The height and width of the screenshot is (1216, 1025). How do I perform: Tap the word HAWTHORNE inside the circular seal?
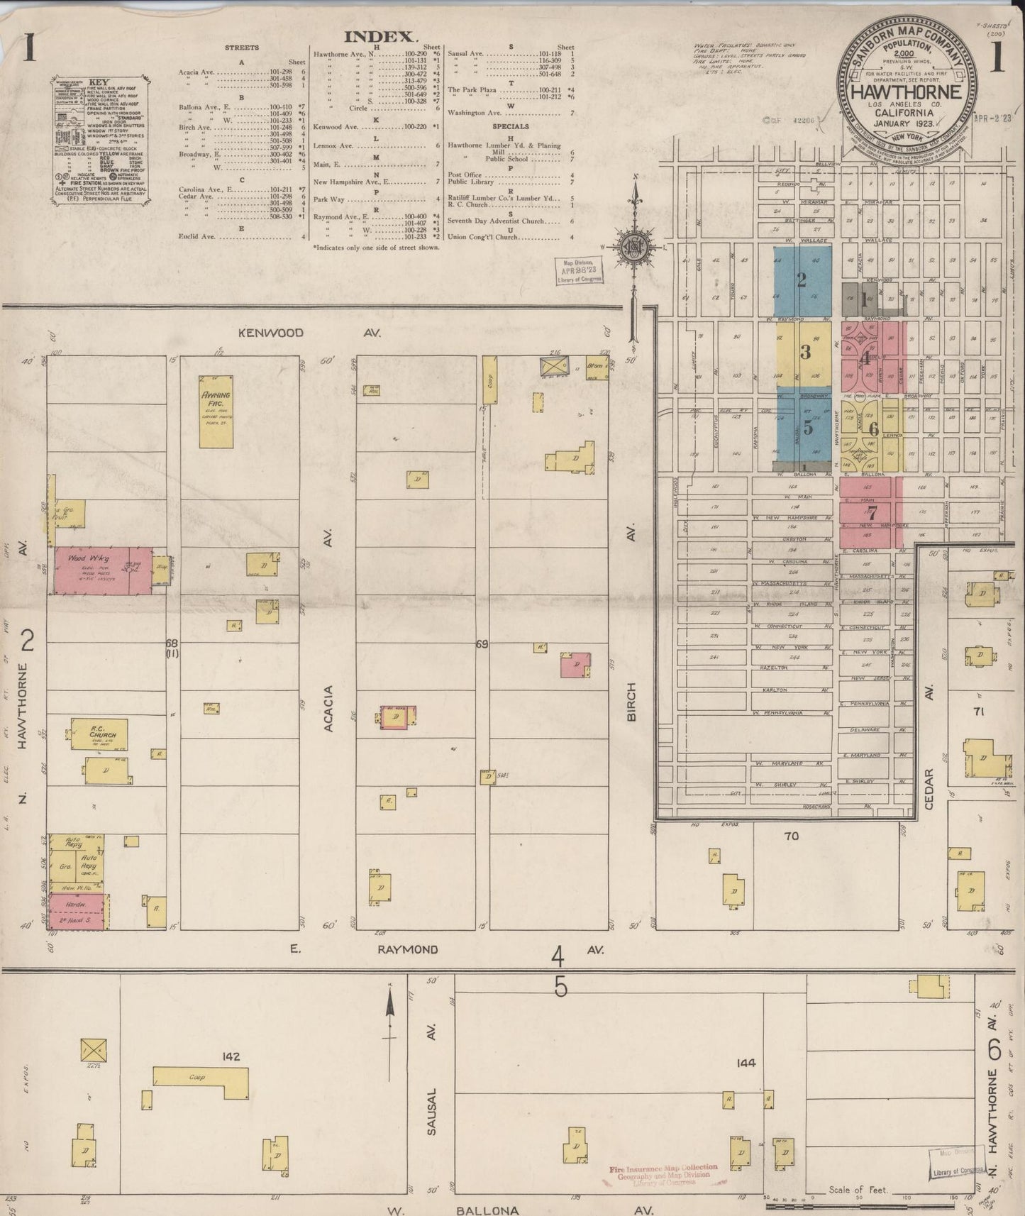click(x=907, y=92)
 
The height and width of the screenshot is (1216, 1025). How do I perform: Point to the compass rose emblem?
click(x=635, y=248)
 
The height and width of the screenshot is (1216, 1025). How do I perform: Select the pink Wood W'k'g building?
click(x=104, y=570)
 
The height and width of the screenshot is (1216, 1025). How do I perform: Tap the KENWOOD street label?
click(x=271, y=332)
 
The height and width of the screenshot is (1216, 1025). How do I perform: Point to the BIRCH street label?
click(x=631, y=702)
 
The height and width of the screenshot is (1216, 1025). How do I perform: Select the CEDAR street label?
click(x=931, y=787)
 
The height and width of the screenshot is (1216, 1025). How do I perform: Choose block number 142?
click(x=231, y=1056)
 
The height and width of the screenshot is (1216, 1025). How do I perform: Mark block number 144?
click(x=746, y=1063)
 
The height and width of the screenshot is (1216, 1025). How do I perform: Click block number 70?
click(x=791, y=836)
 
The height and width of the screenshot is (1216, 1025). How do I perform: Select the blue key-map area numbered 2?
click(x=802, y=281)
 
